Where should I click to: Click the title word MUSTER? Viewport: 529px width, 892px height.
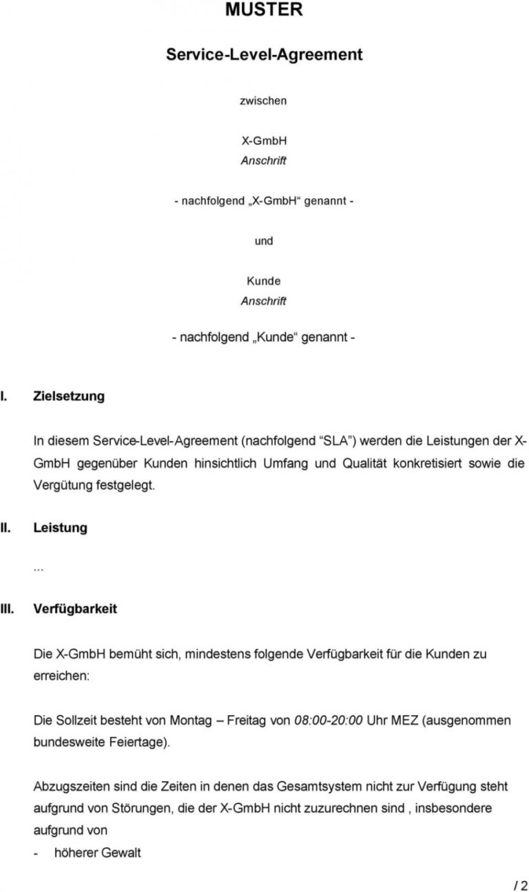point(264,10)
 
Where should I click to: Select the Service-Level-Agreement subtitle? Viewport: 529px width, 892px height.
point(264,54)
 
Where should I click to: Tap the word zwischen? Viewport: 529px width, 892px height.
point(263,100)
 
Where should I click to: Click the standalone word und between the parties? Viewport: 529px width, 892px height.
point(264,241)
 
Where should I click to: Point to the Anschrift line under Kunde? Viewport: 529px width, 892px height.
point(264,301)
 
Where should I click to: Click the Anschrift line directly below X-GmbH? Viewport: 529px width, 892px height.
point(264,160)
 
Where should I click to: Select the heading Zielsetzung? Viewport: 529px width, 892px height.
point(69,396)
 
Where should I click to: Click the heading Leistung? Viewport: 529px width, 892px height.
point(61,528)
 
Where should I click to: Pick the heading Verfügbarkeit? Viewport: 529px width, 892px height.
point(75,609)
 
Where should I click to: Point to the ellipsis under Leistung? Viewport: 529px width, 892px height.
point(39,568)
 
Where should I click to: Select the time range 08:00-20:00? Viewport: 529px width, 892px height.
point(328,721)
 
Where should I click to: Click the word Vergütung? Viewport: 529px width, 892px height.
point(63,485)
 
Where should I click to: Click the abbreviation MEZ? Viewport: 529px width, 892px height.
point(404,721)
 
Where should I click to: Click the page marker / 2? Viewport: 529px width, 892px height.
point(520,886)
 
